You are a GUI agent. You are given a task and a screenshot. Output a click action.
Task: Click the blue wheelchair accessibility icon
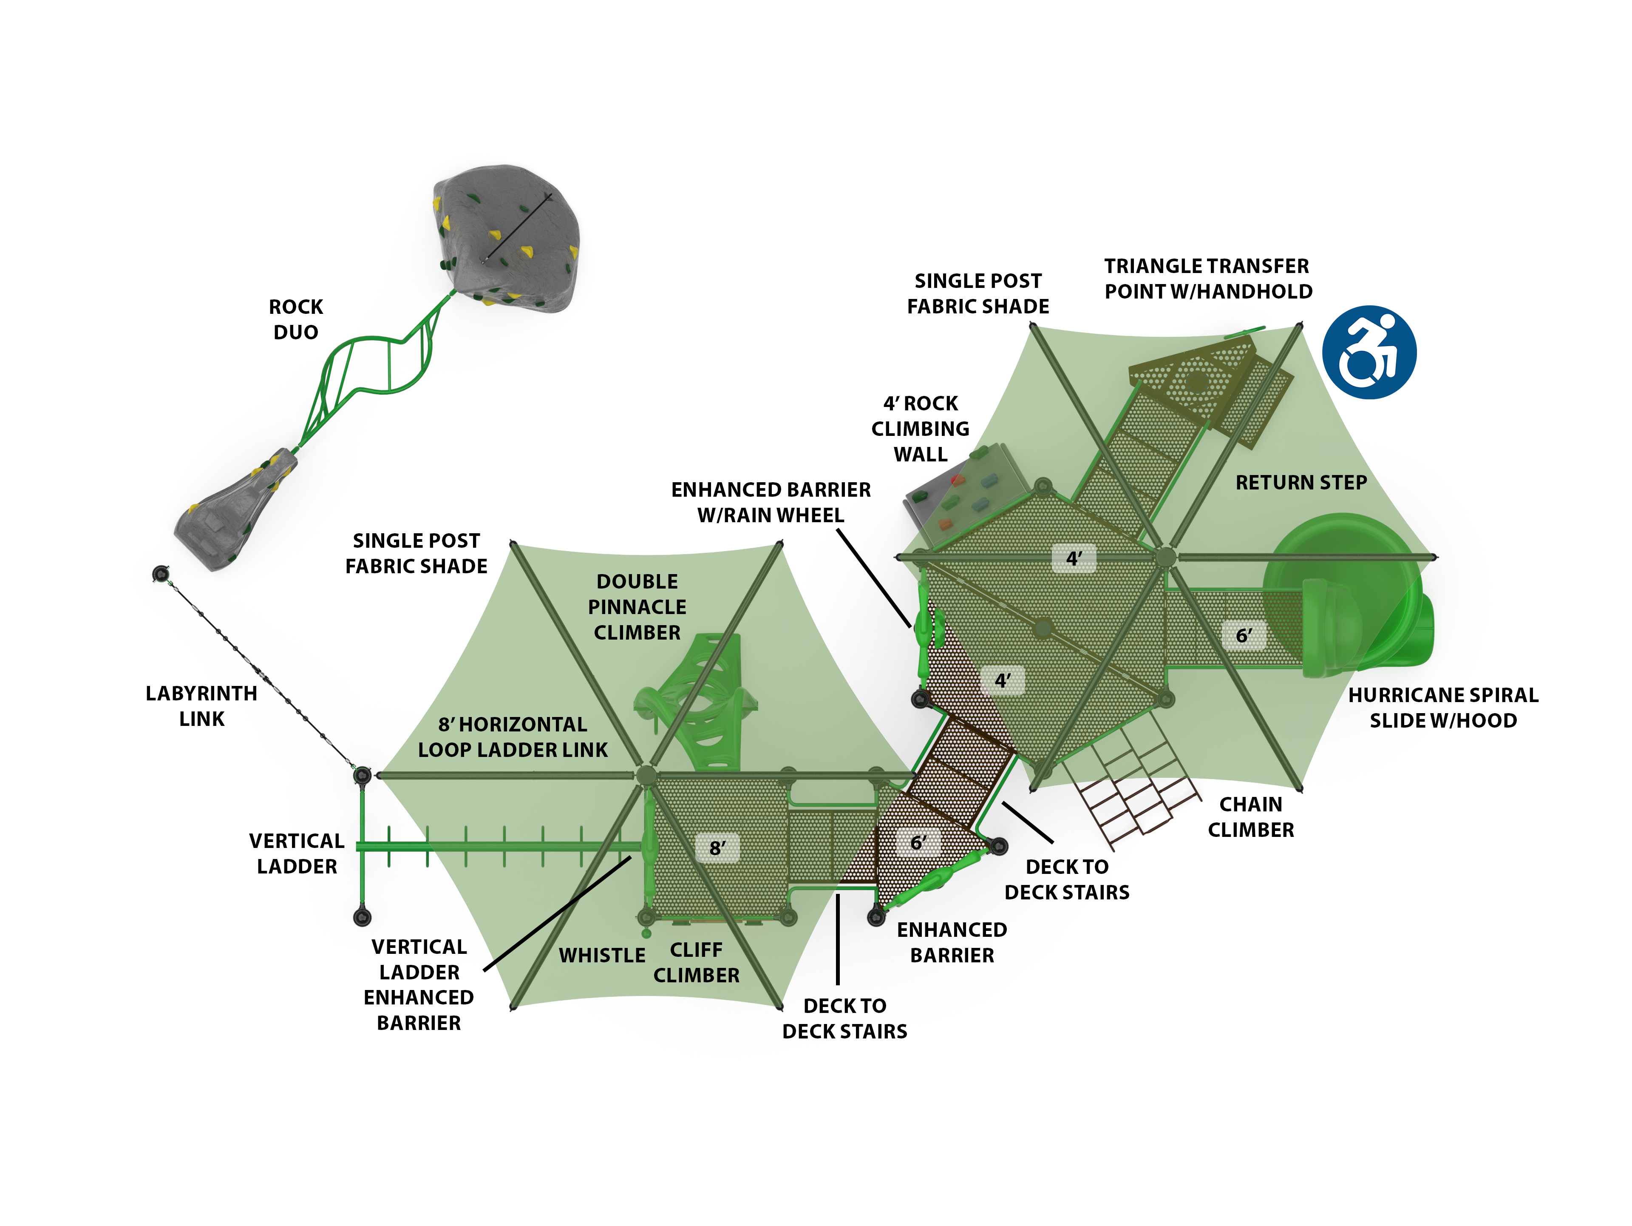(x=1368, y=352)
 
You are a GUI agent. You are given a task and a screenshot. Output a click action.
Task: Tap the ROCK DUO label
(x=296, y=320)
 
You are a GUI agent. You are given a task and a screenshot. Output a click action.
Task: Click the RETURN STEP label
(x=1301, y=483)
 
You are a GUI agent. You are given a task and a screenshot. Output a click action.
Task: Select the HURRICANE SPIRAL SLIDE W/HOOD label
(x=1443, y=708)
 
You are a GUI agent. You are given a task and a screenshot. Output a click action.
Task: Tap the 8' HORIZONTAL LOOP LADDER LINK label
(x=513, y=737)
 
